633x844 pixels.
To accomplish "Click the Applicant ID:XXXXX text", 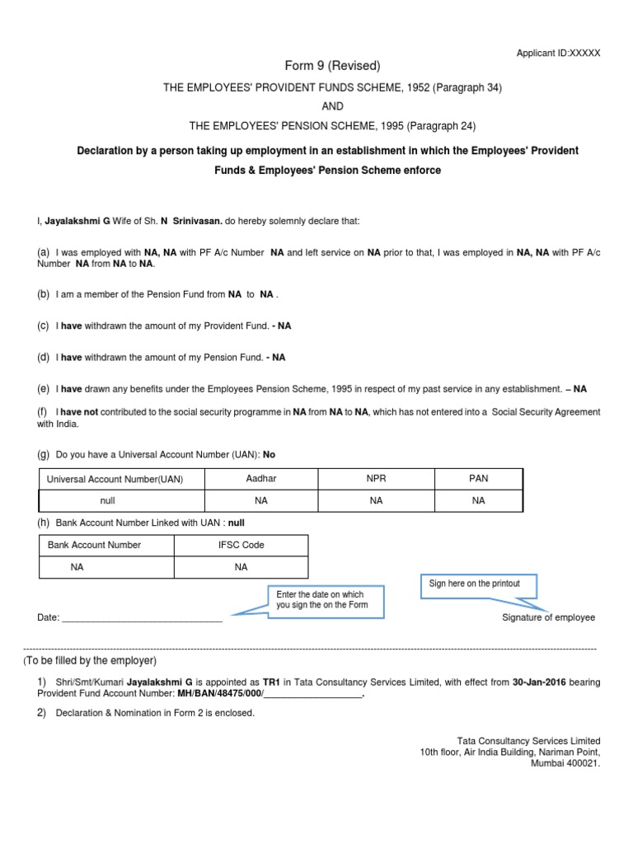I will pyautogui.click(x=558, y=53).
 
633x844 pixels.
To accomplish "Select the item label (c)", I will pyautogui.click(x=44, y=326).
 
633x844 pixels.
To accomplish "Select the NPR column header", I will pyautogui.click(x=376, y=478).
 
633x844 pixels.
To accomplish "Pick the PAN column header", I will pyautogui.click(x=478, y=478).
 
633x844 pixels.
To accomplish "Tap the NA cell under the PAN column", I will pyautogui.click(x=478, y=500).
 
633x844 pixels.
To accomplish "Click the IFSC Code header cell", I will pyautogui.click(x=241, y=545).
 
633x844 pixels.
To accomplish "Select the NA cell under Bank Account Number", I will pyautogui.click(x=77, y=567).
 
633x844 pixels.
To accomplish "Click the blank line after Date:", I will pyautogui.click(x=142, y=618).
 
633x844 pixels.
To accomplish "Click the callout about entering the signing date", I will pyautogui.click(x=320, y=600).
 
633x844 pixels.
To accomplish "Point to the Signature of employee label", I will pyautogui.click(x=548, y=617).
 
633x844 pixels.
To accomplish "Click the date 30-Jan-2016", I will pyautogui.click(x=539, y=682).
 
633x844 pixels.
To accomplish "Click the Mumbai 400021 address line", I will pyautogui.click(x=565, y=762).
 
